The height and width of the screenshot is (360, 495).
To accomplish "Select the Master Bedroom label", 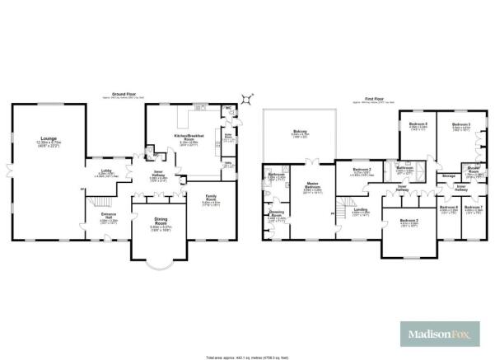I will tap(312, 185).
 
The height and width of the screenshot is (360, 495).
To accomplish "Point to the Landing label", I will tap(361, 210).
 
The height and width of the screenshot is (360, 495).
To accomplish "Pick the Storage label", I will tap(449, 176).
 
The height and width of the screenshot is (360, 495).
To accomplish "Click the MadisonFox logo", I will tap(439, 334).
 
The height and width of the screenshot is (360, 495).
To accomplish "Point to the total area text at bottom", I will tap(247, 355).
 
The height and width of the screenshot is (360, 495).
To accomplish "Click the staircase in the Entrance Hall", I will tap(97, 201).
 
